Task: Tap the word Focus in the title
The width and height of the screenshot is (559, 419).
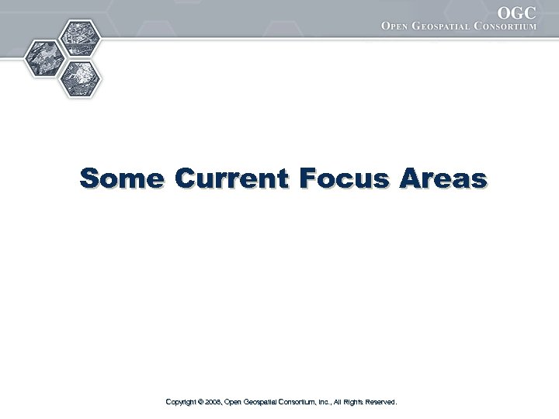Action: [348, 178]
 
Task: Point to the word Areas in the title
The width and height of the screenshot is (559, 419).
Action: [443, 178]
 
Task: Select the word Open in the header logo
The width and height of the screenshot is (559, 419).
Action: [399, 26]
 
